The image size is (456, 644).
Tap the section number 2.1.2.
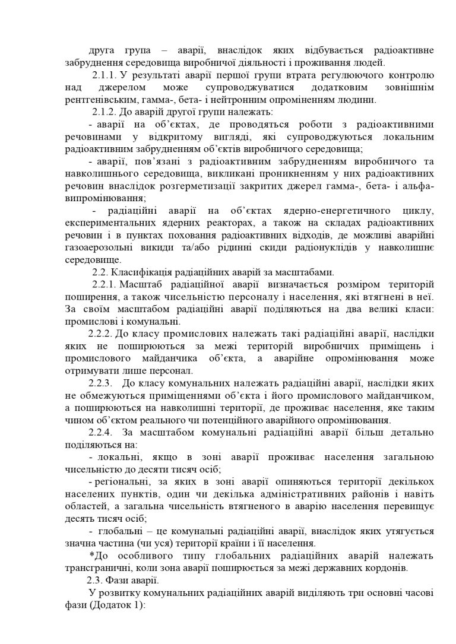104,112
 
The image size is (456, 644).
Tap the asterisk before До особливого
91,555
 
